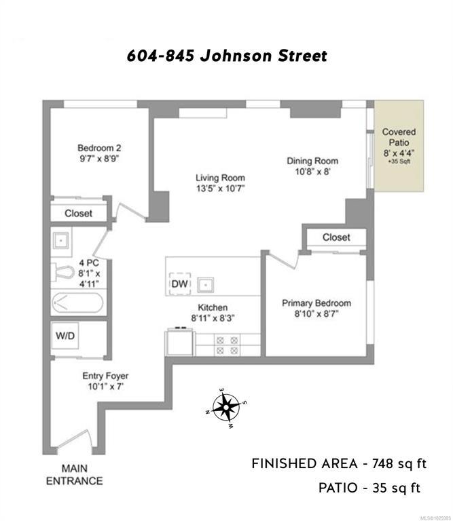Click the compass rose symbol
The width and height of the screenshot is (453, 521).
(226, 407)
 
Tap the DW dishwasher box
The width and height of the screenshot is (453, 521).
(180, 284)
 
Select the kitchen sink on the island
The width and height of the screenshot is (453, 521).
(206, 285)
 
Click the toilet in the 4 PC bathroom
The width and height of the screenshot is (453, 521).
(62, 273)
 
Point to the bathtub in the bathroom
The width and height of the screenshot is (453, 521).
(77, 303)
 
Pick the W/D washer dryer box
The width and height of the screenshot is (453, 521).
(65, 336)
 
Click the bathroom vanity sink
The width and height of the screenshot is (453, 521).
(61, 240)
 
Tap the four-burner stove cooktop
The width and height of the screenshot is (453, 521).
(228, 345)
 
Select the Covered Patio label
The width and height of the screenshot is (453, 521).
(399, 137)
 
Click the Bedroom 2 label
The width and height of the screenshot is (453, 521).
(99, 148)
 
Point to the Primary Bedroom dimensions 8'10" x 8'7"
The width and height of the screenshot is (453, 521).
(316, 313)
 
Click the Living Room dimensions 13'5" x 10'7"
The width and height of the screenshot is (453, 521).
(220, 189)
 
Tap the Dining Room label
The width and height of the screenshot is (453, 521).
(312, 161)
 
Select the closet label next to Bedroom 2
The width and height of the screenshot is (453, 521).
(79, 213)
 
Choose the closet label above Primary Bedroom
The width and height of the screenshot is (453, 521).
(336, 237)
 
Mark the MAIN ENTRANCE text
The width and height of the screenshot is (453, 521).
(74, 475)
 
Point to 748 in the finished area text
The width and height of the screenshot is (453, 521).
(383, 463)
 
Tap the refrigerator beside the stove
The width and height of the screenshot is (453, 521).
(179, 342)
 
